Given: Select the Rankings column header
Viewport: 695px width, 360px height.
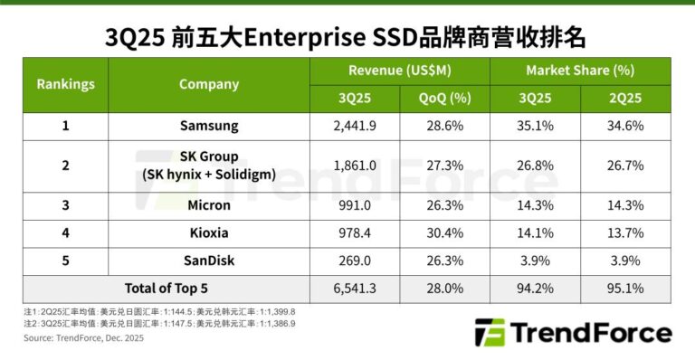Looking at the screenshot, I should [x=65, y=84].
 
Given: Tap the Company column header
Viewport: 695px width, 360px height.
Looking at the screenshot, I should [x=208, y=84].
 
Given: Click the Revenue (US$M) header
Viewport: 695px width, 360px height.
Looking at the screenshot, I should [x=399, y=71].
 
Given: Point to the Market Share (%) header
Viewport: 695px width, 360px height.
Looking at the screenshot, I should [x=579, y=71].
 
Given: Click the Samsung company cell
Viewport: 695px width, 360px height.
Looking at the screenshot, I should [x=208, y=126].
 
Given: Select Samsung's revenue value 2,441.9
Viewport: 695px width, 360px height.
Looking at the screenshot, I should [x=354, y=126].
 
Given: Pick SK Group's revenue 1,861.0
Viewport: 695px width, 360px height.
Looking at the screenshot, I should [x=354, y=166].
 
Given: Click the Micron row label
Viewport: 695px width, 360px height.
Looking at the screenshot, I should [x=208, y=205].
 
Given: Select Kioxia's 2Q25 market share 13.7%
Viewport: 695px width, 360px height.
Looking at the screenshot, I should [x=625, y=233].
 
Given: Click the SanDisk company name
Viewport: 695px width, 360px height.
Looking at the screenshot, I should [x=208, y=261].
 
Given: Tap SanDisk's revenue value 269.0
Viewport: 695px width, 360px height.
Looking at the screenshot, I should [x=354, y=261].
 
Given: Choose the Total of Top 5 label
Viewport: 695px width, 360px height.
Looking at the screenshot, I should [x=165, y=289].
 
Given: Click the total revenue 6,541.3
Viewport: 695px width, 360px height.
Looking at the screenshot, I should [x=354, y=289].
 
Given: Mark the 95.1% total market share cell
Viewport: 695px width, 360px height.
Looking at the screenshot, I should [x=625, y=289].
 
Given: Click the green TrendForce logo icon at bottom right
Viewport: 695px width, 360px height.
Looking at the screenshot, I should [x=490, y=333].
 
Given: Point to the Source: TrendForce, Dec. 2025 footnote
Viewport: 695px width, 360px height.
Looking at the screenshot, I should [x=83, y=338].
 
